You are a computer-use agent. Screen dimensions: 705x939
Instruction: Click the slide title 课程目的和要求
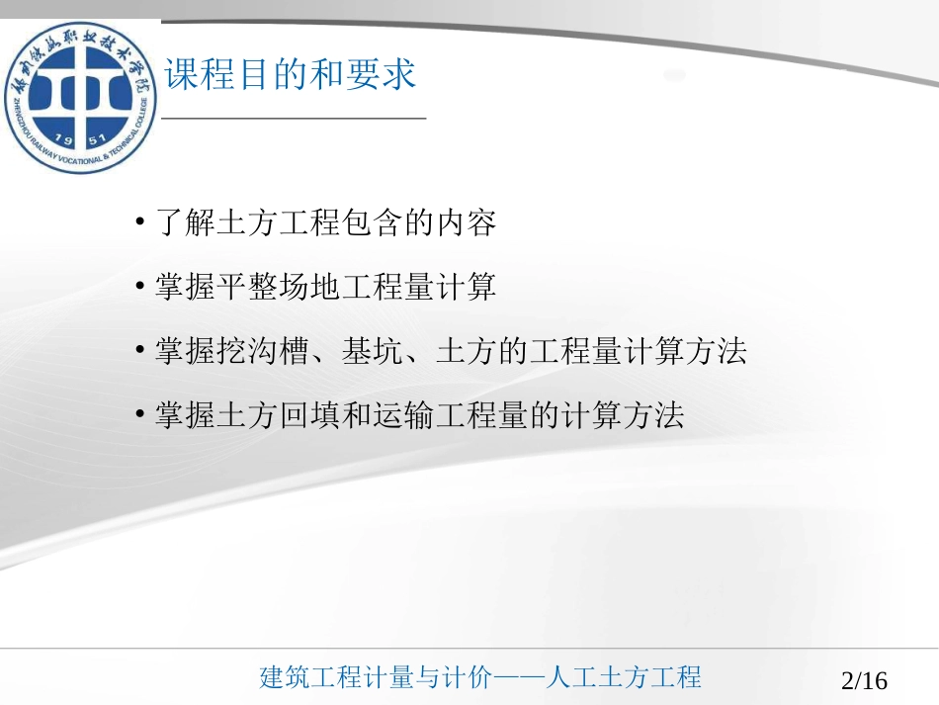pos(291,76)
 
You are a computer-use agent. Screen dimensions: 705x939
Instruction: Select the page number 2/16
pos(864,680)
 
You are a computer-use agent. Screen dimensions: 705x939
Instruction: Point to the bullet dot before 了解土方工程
pos(141,223)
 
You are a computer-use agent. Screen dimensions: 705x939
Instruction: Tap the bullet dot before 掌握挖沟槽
pos(141,352)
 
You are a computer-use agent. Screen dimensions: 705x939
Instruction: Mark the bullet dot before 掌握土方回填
pos(141,416)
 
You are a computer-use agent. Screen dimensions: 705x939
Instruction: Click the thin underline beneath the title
pos(294,119)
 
